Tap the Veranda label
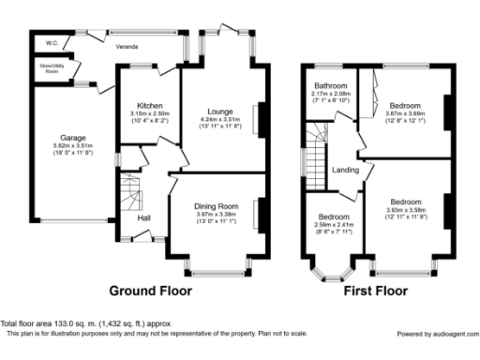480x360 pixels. pyautogui.click(x=127, y=44)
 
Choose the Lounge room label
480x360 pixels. pyautogui.click(x=221, y=110)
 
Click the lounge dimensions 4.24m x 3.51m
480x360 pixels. pyautogui.click(x=221, y=119)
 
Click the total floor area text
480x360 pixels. pyautogui.click(x=83, y=322)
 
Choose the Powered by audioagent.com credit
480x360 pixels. pyautogui.click(x=436, y=334)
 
